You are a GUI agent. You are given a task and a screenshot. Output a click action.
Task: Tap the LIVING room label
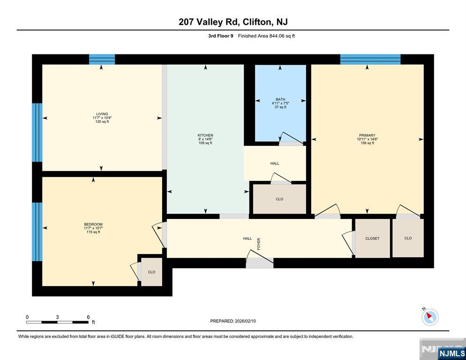tap(102, 114)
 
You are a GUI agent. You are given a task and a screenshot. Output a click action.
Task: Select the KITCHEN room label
tap(205, 135)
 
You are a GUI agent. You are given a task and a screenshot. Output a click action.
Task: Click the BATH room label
tap(280, 99)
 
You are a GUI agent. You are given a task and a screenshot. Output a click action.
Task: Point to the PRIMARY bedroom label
tap(367, 135)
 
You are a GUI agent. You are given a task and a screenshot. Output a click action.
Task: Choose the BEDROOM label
tap(93, 225)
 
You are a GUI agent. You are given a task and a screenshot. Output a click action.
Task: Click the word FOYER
tap(258, 243)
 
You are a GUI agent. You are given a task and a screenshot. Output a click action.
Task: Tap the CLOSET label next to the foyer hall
tap(372, 239)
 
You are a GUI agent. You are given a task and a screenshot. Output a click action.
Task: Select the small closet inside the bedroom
tap(151, 272)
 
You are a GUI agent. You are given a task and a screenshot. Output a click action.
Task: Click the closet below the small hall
tap(279, 199)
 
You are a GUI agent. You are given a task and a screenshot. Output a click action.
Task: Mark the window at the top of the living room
tap(102, 59)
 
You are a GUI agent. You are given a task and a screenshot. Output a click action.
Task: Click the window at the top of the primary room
tap(370, 59)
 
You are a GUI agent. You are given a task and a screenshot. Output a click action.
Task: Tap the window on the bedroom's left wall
tap(37, 232)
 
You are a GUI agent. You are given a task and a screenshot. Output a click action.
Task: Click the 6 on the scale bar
tap(88, 317)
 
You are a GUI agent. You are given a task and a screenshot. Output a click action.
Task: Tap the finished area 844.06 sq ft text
tap(266, 36)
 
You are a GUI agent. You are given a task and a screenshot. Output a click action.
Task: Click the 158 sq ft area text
tap(367, 143)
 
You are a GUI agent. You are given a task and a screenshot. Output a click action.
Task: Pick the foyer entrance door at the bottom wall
tap(259, 263)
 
